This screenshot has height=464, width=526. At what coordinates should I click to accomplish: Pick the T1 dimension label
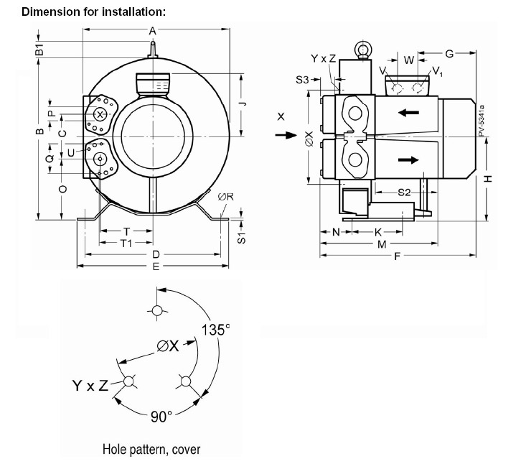(126, 243)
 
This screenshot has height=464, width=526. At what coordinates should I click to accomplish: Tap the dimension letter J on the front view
(243, 103)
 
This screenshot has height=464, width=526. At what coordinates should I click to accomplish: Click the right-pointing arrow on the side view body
(408, 159)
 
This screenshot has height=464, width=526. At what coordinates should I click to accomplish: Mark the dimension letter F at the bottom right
(397, 256)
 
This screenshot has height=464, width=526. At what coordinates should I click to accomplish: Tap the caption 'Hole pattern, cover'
(151, 450)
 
